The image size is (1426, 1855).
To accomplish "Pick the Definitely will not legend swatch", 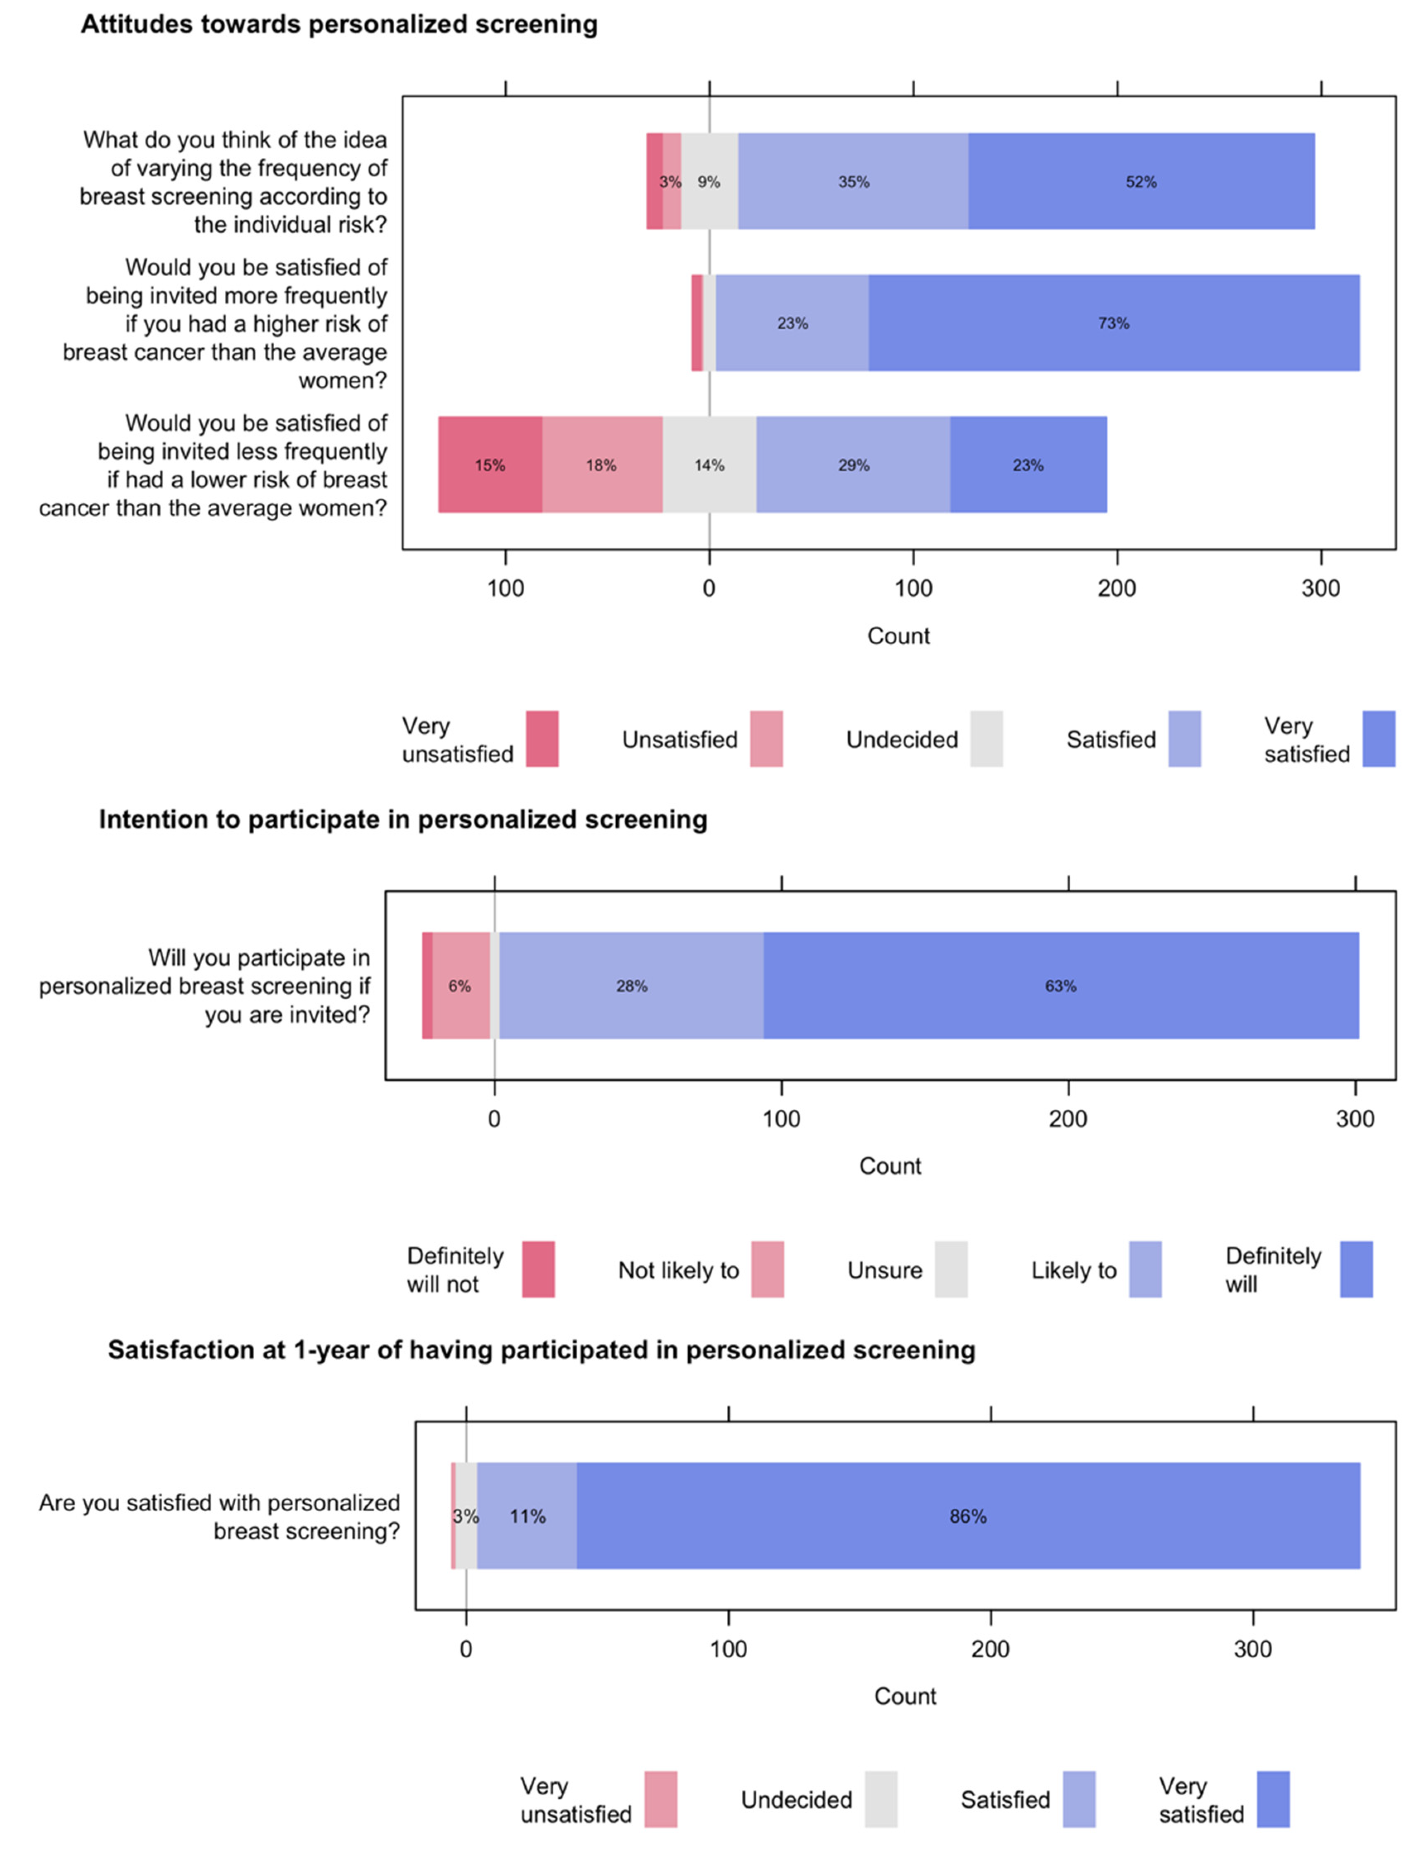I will tap(538, 1269).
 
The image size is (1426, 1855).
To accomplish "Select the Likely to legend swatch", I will tap(1145, 1269).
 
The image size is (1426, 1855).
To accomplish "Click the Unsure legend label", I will tap(884, 1270).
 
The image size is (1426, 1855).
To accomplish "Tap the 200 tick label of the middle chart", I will tap(1068, 1119).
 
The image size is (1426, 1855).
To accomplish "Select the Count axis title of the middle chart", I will tap(890, 1166).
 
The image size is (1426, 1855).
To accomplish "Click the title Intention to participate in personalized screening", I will tap(403, 819).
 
